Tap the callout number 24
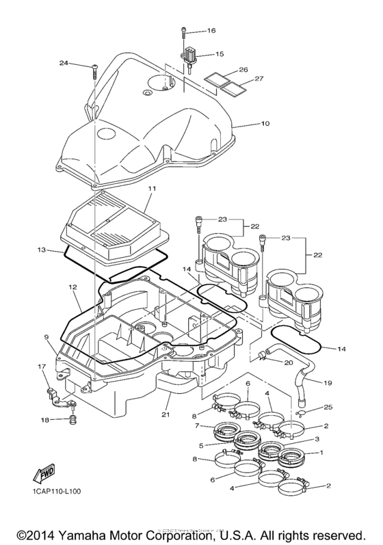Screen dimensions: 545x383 (63, 64)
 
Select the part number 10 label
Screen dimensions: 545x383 (246, 124)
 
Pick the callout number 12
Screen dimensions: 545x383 (72, 288)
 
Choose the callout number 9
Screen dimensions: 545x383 (47, 337)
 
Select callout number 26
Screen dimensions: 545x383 (242, 70)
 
